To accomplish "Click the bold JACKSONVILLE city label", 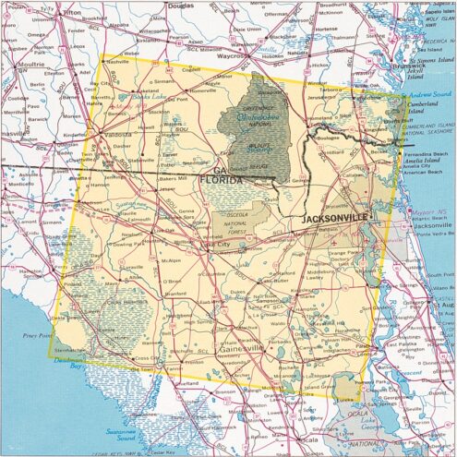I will [335, 217].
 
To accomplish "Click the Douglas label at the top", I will [182, 5].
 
